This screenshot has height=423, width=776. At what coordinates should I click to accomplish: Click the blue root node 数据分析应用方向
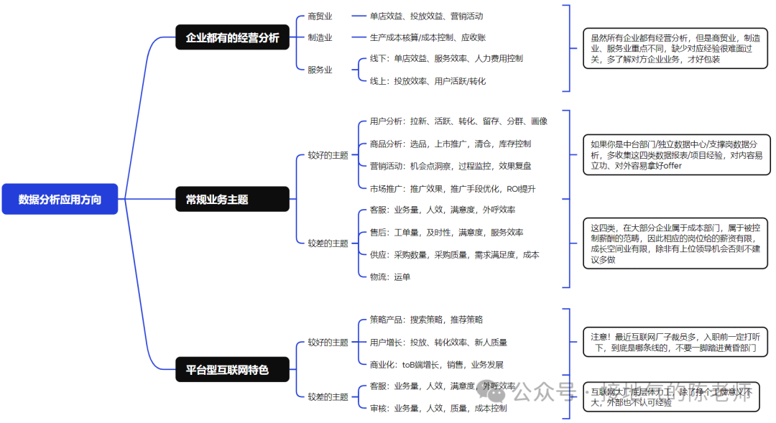coord(60,199)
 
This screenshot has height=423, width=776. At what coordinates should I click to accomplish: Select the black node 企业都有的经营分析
coord(232,37)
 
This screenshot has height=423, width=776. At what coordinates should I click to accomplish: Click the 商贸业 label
coord(320,16)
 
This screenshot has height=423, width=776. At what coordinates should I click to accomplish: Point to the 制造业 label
coord(320,37)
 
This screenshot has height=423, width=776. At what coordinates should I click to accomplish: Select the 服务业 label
coord(320,70)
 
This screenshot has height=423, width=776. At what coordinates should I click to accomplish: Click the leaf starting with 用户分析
coord(458,121)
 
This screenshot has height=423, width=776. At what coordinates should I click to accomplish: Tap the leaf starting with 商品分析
coord(451,144)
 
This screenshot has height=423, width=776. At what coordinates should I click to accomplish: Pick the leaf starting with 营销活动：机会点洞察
coord(451,166)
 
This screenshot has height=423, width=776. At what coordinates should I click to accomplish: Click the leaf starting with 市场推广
coord(453,189)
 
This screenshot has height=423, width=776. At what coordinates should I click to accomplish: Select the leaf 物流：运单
coord(390,276)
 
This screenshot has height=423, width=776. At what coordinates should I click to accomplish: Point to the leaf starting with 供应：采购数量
coord(454,254)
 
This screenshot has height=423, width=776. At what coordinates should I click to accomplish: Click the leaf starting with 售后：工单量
coord(446,232)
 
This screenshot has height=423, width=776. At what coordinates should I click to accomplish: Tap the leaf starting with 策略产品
coord(426,319)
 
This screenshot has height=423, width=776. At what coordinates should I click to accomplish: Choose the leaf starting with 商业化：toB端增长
coord(436,364)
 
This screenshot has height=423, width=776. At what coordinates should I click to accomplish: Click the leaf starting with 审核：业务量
coord(438,408)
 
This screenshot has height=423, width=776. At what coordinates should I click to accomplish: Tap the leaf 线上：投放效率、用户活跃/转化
coord(428,81)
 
